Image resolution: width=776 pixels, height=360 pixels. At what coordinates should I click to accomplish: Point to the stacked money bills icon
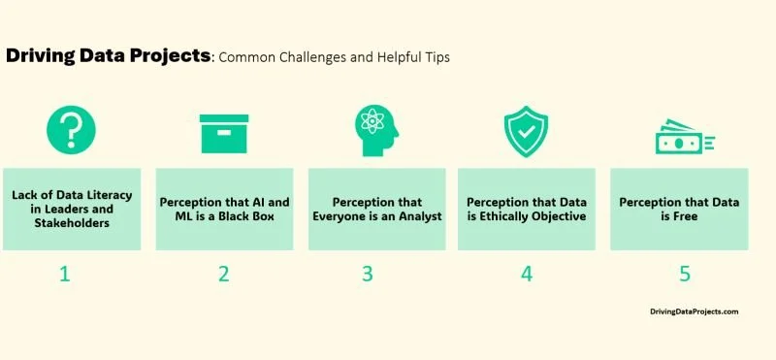(x=684, y=142)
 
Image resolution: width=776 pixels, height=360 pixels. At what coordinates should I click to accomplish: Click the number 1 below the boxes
(x=64, y=274)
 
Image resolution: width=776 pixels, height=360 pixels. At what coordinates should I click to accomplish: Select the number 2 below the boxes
(x=224, y=274)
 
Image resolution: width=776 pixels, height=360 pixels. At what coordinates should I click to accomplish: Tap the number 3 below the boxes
(x=368, y=274)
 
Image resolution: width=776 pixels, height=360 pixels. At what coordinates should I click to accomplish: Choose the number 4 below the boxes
(x=527, y=274)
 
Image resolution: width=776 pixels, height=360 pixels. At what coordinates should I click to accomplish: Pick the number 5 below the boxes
(x=685, y=274)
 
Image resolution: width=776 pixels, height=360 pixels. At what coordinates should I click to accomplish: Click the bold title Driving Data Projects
(x=108, y=55)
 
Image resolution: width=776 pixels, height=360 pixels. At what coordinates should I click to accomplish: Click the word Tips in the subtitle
(x=434, y=57)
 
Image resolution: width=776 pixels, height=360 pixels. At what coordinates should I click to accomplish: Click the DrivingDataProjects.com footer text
(x=695, y=311)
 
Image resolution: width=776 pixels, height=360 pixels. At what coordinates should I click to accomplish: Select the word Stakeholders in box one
(x=71, y=223)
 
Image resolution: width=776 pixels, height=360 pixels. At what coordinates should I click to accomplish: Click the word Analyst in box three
(x=418, y=216)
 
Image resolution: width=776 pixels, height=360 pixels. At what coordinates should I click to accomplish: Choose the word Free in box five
(x=685, y=216)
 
